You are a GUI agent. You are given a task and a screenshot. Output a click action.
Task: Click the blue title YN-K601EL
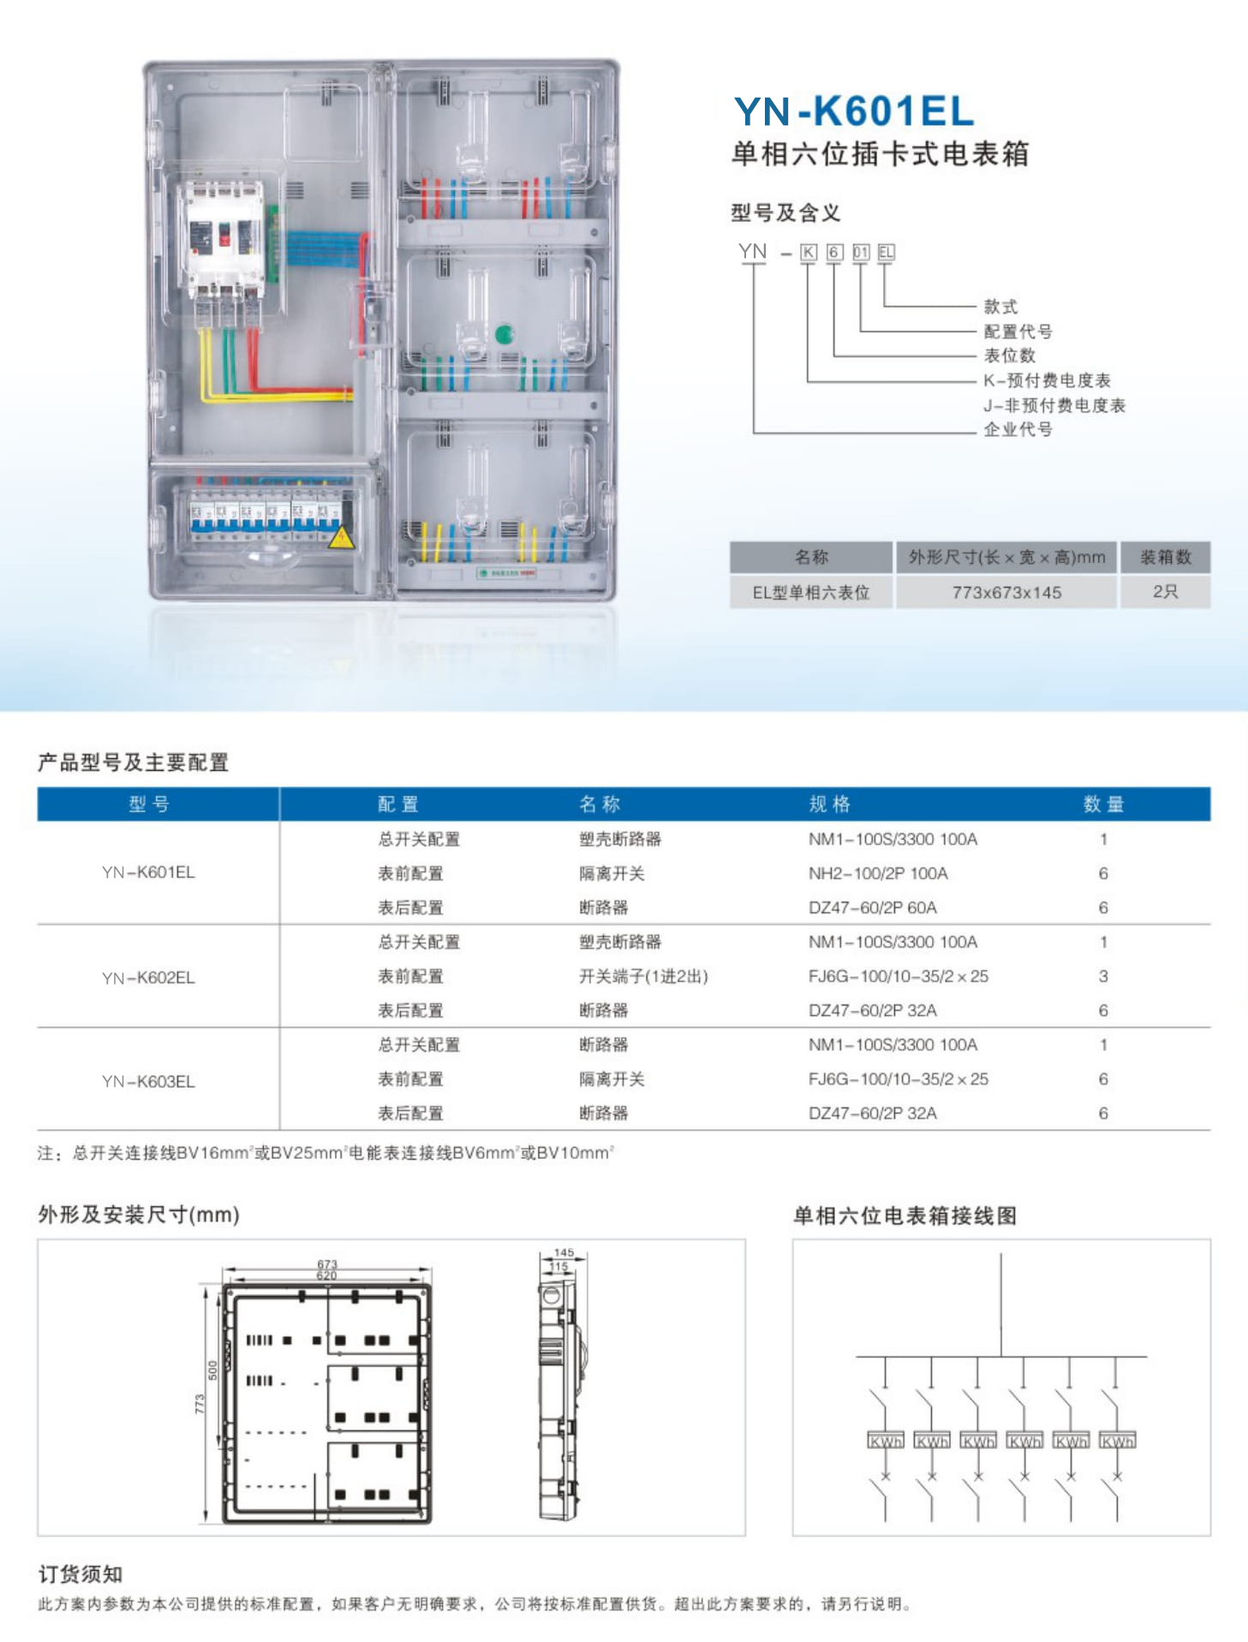click(x=854, y=111)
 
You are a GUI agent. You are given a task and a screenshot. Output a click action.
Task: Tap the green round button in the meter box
click(x=504, y=334)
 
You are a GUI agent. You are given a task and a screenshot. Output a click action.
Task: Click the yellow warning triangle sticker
click(x=341, y=539)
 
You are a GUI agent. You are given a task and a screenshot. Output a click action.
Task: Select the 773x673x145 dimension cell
click(x=1006, y=593)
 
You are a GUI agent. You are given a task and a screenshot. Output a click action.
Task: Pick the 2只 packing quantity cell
click(x=1165, y=592)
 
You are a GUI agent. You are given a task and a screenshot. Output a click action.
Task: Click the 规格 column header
click(x=829, y=804)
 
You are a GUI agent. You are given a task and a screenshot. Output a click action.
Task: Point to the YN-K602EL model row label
click(x=148, y=977)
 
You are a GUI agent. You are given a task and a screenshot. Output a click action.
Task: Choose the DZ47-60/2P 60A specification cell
click(x=872, y=908)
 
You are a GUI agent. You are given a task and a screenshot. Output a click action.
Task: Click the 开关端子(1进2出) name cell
click(x=643, y=976)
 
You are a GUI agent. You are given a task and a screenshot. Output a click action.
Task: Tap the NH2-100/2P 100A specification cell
click(x=878, y=874)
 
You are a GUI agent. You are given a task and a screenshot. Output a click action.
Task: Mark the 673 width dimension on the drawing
click(x=327, y=1263)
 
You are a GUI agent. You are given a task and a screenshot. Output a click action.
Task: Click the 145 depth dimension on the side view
click(x=564, y=1252)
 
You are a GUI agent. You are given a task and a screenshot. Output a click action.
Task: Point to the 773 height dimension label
click(x=200, y=1404)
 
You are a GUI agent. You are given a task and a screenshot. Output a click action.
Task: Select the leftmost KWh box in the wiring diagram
click(x=886, y=1441)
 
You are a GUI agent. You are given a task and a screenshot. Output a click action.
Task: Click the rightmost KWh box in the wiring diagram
click(x=1117, y=1441)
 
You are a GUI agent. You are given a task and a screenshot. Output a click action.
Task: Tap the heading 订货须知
click(x=81, y=1574)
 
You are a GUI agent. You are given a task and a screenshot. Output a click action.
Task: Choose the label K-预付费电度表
click(x=1047, y=380)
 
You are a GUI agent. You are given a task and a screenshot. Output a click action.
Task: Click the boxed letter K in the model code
click(x=808, y=252)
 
